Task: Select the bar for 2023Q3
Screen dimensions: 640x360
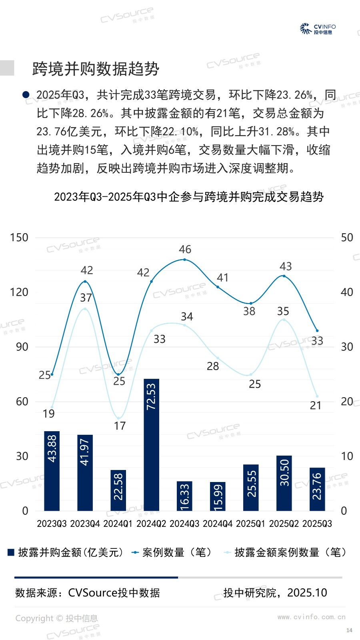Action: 52,471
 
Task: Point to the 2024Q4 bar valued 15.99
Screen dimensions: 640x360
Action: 218,496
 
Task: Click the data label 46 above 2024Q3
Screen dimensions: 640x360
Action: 185,250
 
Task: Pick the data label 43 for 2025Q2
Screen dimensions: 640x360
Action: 286,266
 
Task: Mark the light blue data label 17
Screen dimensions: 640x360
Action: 120,426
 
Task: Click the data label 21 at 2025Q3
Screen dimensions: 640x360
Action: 316,406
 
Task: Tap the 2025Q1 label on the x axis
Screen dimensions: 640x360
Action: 251,524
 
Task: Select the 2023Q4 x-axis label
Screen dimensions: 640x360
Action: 85,524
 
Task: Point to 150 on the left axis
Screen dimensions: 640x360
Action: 19,238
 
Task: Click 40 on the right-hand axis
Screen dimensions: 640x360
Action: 347,292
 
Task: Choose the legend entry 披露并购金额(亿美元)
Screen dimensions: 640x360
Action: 66,552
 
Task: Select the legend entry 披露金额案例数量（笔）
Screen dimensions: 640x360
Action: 286,552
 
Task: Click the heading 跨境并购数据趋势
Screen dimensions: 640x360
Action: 96,69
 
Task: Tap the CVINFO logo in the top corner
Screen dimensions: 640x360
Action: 318,29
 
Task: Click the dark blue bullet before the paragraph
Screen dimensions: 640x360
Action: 26,95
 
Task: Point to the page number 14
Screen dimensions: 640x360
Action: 349,630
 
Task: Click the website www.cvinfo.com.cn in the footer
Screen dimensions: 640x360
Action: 311,617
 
